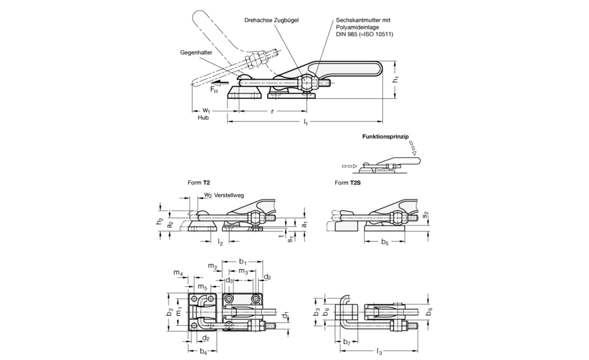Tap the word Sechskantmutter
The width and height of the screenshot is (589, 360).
pyautogui.click(x=361, y=20)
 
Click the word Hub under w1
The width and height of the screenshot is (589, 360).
pyautogui.click(x=203, y=118)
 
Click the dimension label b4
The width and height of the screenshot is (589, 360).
pyautogui.click(x=203, y=352)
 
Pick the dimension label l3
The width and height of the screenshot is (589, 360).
pyautogui.click(x=379, y=352)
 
